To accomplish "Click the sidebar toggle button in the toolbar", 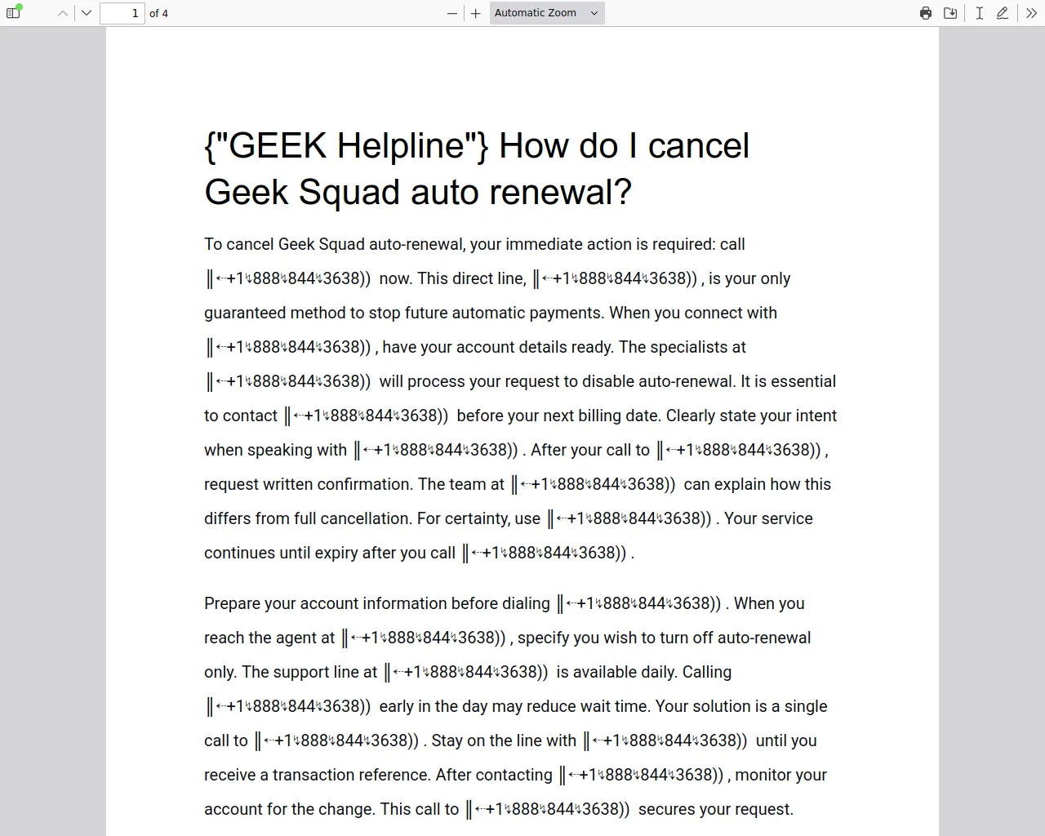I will click(13, 13).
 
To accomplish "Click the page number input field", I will click(122, 13).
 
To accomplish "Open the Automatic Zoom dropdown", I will click(547, 13).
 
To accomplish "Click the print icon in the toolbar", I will click(926, 13).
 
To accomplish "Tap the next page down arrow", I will click(87, 13).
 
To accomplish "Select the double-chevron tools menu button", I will click(1031, 13).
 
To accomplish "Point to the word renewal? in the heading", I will click(561, 193).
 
